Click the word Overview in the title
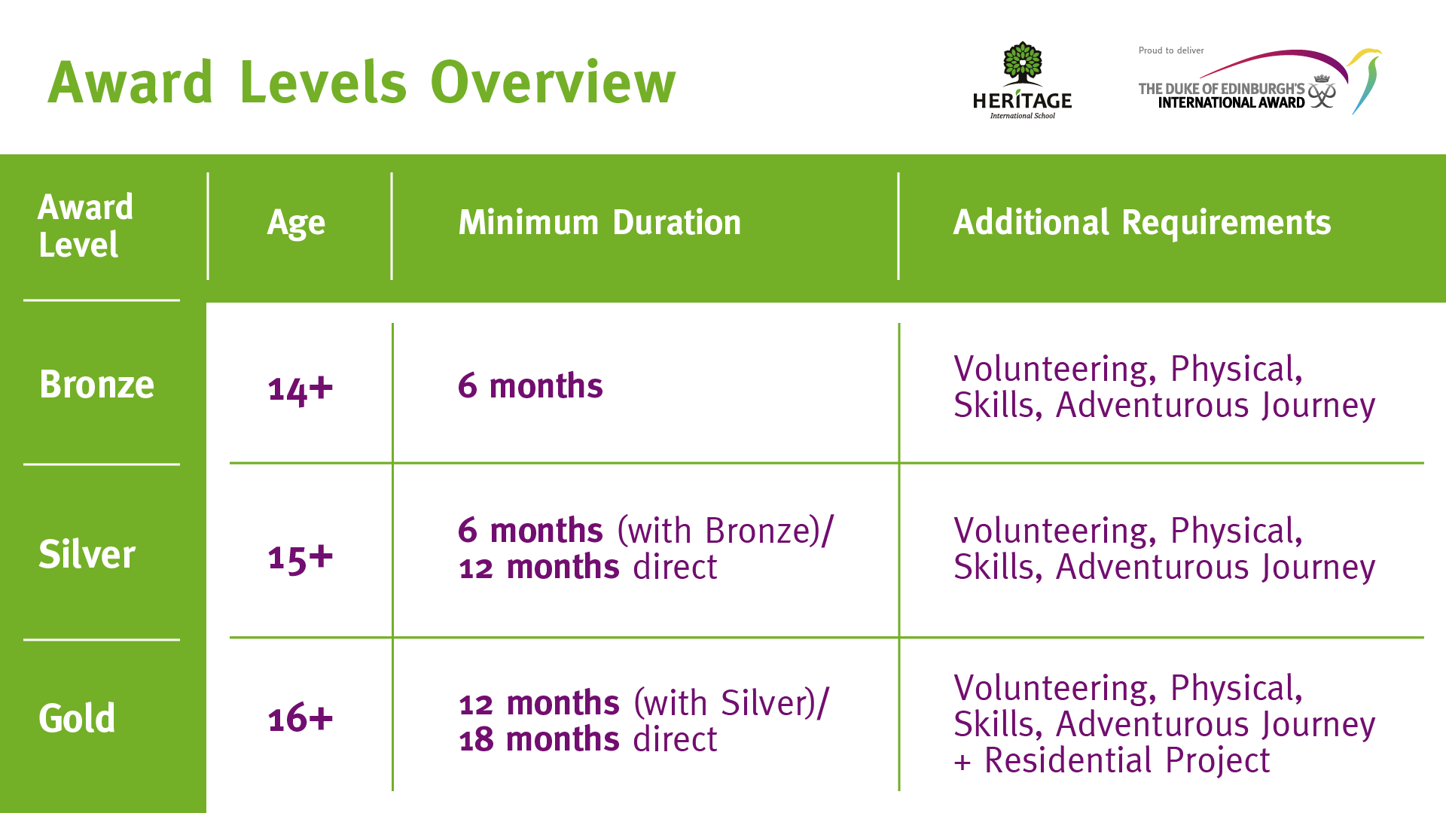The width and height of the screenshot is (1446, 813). click(553, 82)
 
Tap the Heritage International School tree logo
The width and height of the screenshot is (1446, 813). click(1022, 81)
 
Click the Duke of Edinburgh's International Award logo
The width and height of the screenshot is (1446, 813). click(1259, 81)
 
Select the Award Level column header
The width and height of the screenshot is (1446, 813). click(85, 226)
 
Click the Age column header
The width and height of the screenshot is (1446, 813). click(296, 224)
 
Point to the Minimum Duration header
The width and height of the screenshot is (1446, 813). click(599, 222)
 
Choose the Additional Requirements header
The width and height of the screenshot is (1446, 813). click(1142, 222)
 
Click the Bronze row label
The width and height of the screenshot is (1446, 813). click(96, 384)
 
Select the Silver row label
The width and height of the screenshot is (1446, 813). click(87, 554)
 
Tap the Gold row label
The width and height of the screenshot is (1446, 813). click(77, 717)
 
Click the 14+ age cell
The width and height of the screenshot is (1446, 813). click(300, 389)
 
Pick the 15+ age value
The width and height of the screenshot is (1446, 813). click(300, 558)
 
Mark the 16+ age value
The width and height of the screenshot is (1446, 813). click(300, 718)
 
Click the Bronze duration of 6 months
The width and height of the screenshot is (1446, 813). click(530, 385)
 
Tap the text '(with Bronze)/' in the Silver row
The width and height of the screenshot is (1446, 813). click(725, 531)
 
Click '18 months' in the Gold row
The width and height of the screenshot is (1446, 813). click(539, 739)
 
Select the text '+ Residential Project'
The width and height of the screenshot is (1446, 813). click(1112, 760)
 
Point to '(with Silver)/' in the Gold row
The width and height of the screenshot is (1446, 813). click(731, 703)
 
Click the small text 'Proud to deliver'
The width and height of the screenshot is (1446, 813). click(1171, 50)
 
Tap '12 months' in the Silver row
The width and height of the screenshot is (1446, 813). click(539, 567)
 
